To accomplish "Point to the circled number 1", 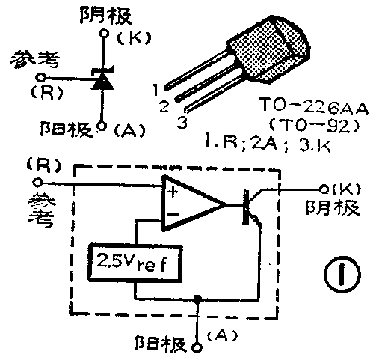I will [341, 276].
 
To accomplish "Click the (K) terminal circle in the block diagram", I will [324, 188].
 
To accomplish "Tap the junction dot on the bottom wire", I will [197, 299].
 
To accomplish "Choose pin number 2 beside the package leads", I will [164, 106].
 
